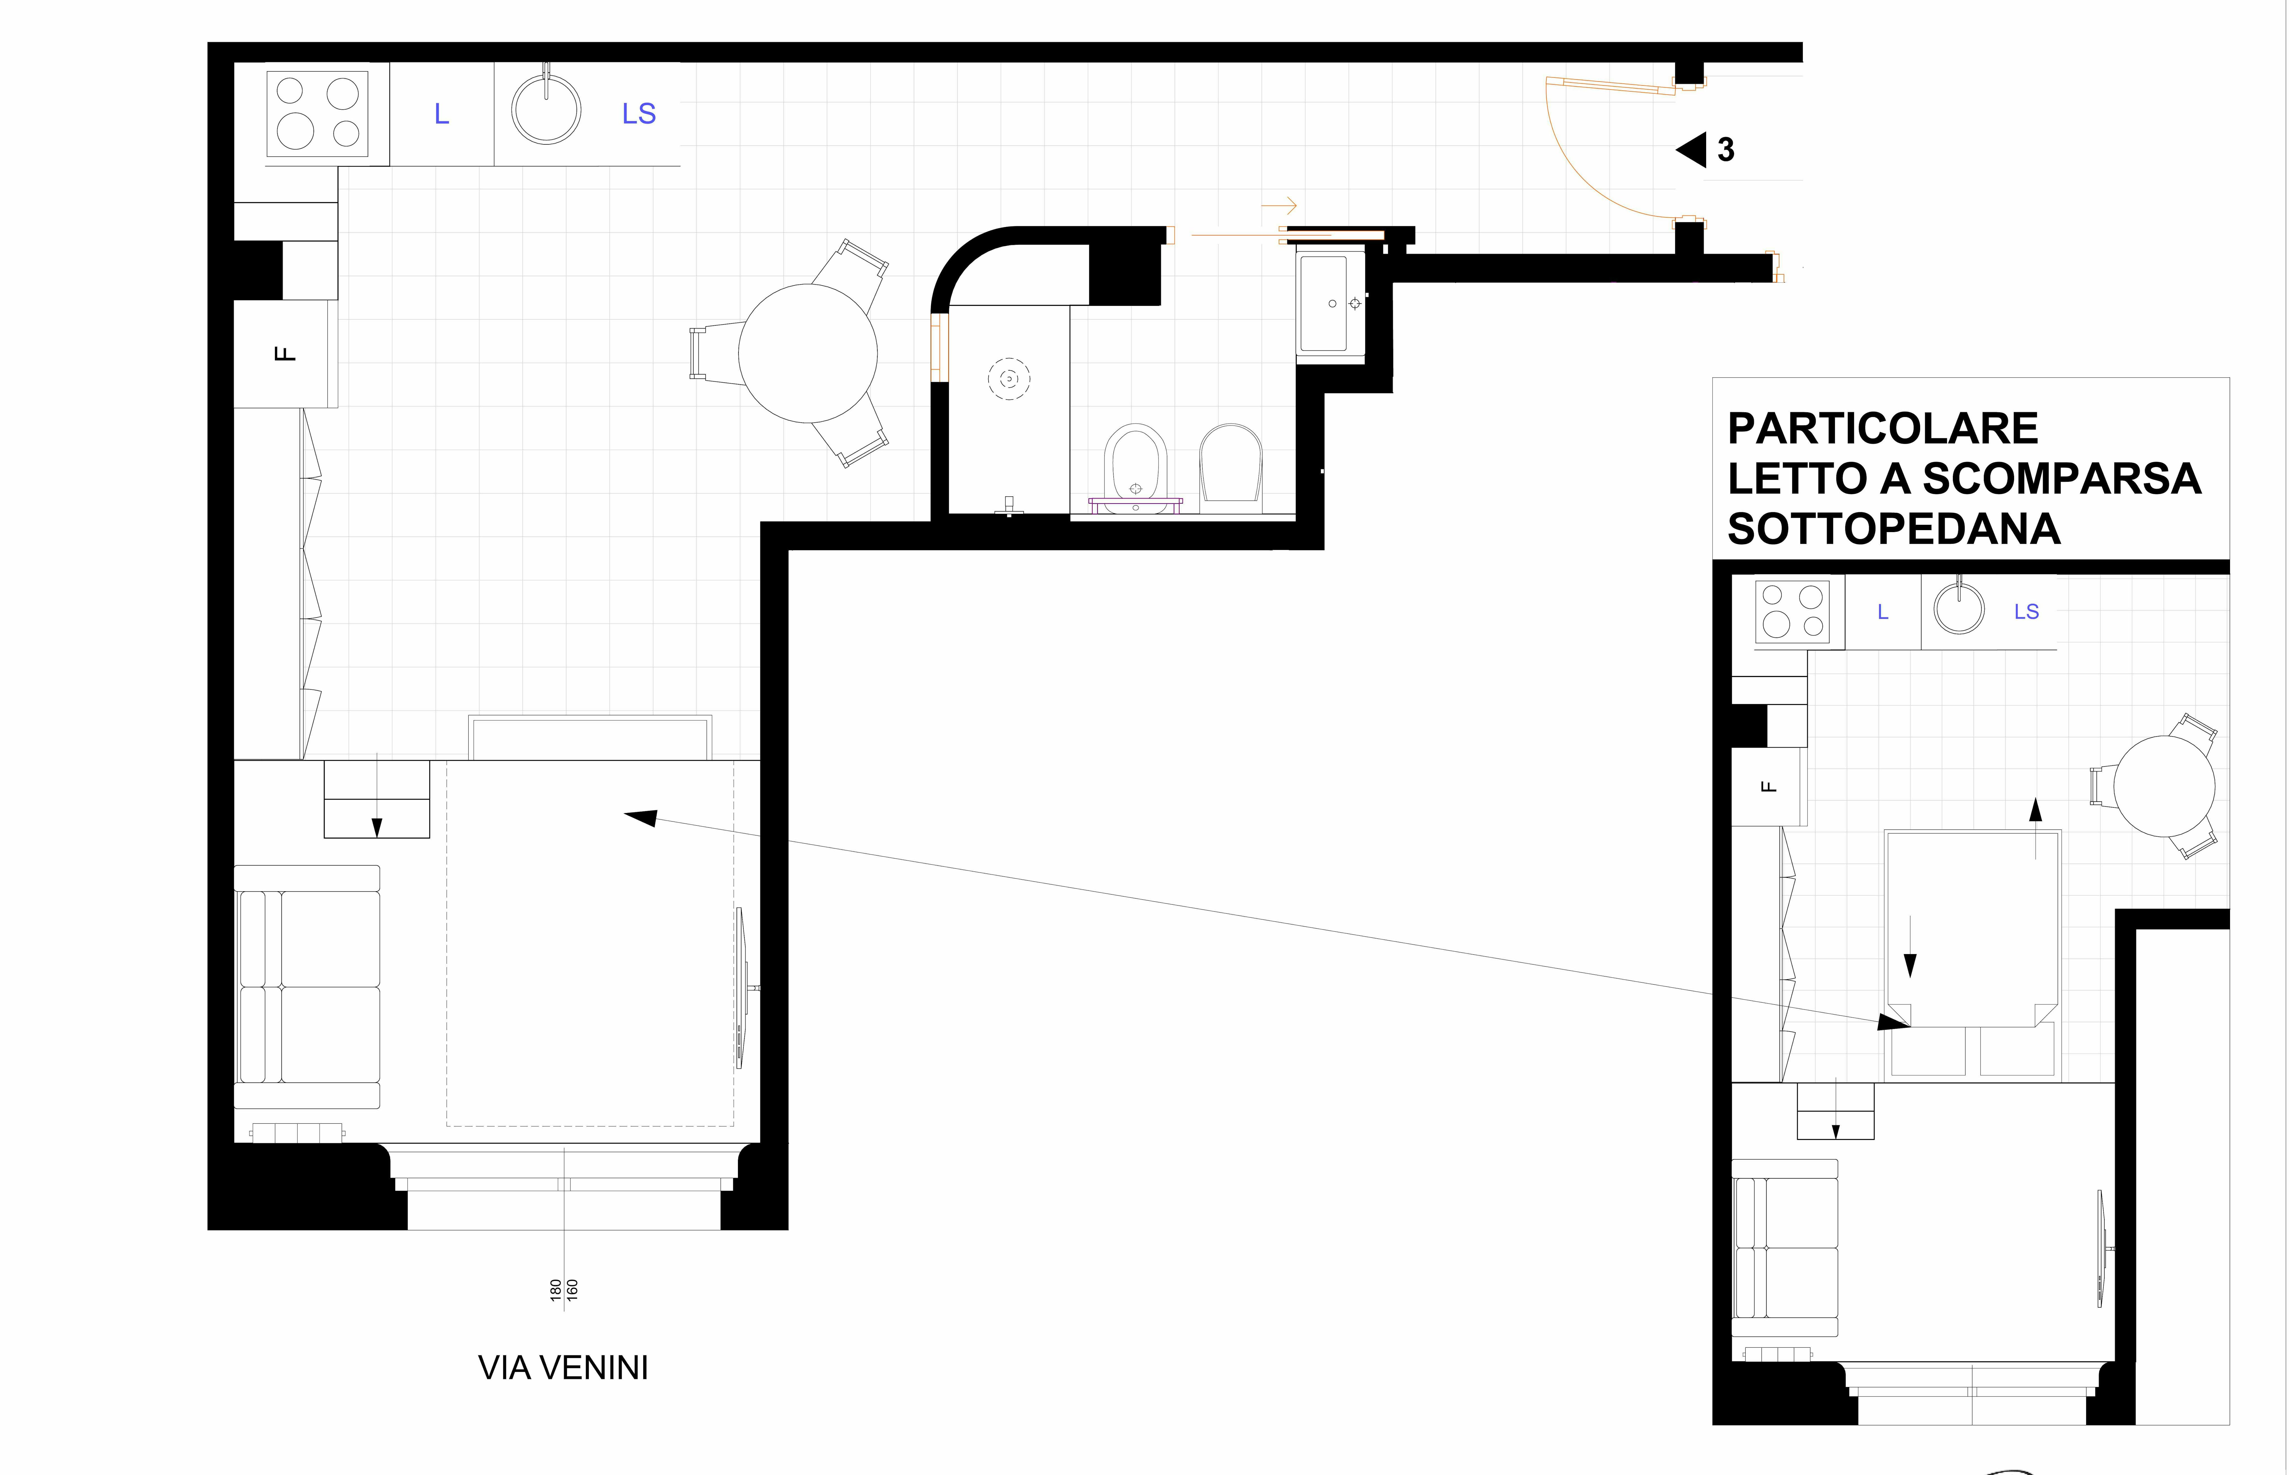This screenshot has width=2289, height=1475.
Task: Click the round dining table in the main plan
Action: pos(808,353)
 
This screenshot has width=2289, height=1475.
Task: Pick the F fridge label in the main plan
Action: pos(284,353)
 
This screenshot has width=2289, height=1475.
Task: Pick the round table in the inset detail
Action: pos(2164,785)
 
